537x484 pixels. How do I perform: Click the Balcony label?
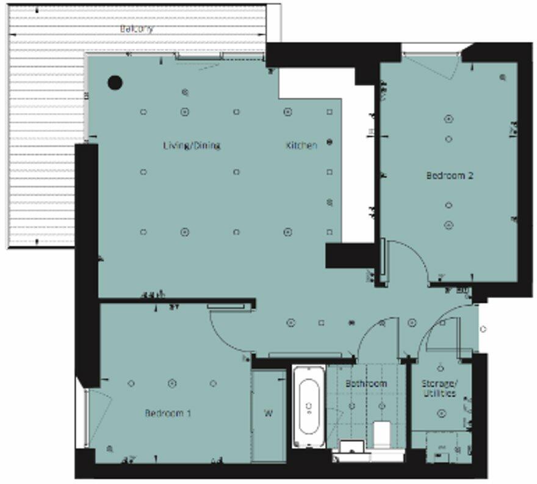click(136, 29)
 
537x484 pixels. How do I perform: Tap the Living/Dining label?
click(191, 145)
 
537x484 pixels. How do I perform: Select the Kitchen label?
click(302, 146)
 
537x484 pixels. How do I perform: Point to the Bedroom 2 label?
click(450, 175)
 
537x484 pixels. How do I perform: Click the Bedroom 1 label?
click(168, 413)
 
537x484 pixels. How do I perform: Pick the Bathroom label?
click(366, 384)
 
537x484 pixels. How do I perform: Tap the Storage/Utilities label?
click(439, 389)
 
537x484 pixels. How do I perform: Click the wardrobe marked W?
click(268, 414)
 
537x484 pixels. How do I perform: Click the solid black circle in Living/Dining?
click(115, 82)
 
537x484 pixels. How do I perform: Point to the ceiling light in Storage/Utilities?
click(441, 414)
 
